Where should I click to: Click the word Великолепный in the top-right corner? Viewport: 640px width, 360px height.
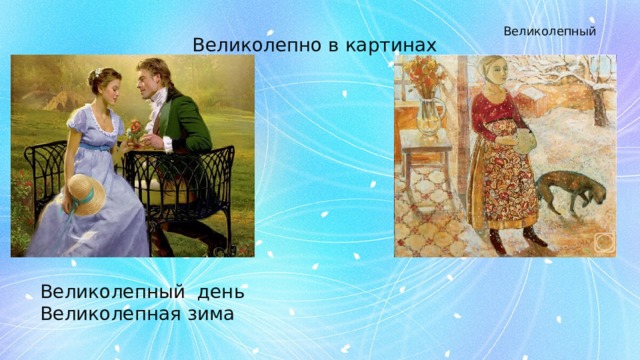(x=549, y=31)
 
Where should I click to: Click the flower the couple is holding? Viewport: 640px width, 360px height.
(x=134, y=128)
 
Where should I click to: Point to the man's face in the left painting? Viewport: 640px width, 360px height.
(x=153, y=82)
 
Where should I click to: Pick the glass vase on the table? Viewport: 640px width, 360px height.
(x=429, y=115)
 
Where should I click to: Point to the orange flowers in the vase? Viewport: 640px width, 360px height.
(x=425, y=73)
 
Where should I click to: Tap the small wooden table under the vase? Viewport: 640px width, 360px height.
(x=425, y=160)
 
